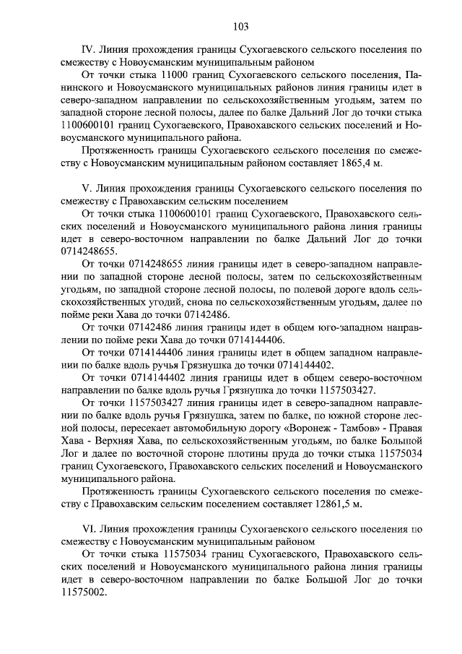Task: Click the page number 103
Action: coord(241,27)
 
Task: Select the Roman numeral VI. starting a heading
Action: coord(89,530)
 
